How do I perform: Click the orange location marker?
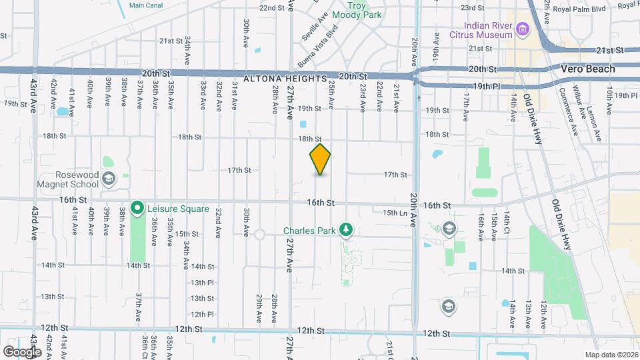pos(320,159)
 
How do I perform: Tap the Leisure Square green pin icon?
pos(138,209)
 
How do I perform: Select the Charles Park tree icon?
pos(345,231)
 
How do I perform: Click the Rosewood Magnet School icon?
pos(109,178)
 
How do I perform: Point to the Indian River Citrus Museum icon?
pos(523,29)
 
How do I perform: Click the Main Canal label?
pos(146,5)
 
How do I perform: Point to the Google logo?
pos(22,351)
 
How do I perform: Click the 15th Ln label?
pos(395,213)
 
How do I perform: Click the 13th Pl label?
pos(201,282)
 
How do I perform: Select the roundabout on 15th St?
pos(259,235)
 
